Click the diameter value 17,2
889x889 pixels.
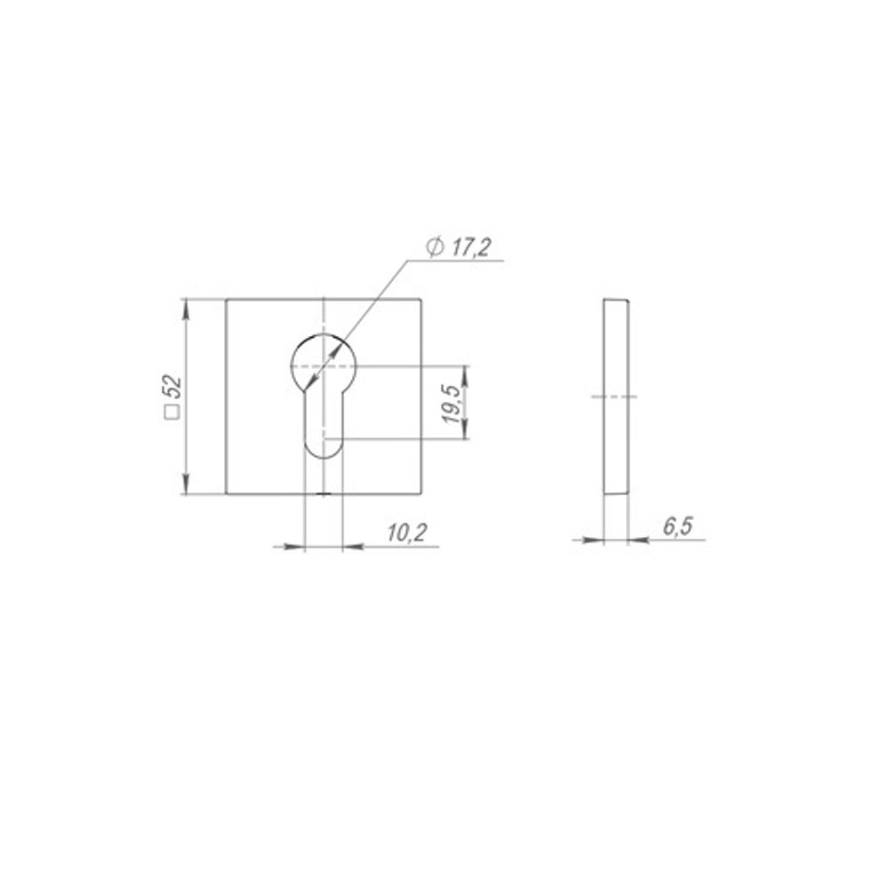(x=470, y=248)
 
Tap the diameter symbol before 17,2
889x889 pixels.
(x=435, y=248)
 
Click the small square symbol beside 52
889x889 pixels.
(x=172, y=412)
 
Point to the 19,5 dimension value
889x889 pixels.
(x=453, y=404)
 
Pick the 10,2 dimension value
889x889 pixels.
(x=407, y=533)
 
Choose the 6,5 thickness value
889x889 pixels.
(x=678, y=526)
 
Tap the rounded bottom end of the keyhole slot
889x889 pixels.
(x=324, y=450)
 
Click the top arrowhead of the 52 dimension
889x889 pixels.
(x=186, y=310)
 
